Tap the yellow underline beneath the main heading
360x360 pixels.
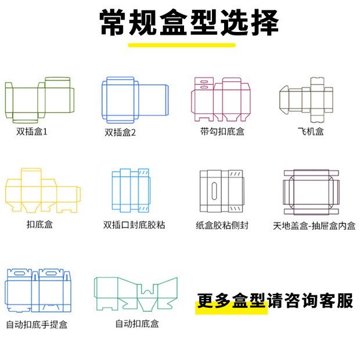click(182, 45)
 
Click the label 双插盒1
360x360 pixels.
click(33, 131)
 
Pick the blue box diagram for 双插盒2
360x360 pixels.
click(135, 100)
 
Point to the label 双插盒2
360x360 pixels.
click(120, 132)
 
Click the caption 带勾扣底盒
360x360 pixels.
click(222, 131)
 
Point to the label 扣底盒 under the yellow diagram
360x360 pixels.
click(39, 224)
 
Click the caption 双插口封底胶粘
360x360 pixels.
click(134, 224)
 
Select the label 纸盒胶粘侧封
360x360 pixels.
click(222, 225)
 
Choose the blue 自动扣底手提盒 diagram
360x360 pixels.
click(38, 291)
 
